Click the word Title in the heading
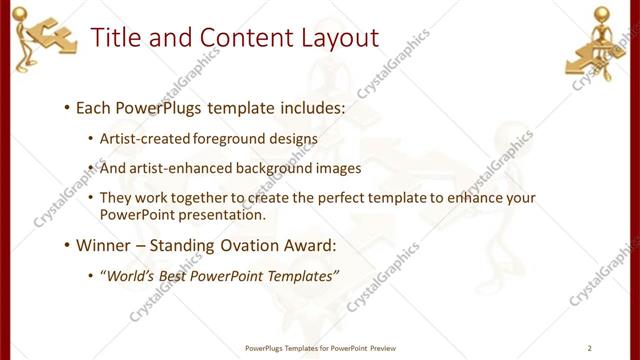click(x=115, y=38)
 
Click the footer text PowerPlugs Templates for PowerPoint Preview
click(x=319, y=348)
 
